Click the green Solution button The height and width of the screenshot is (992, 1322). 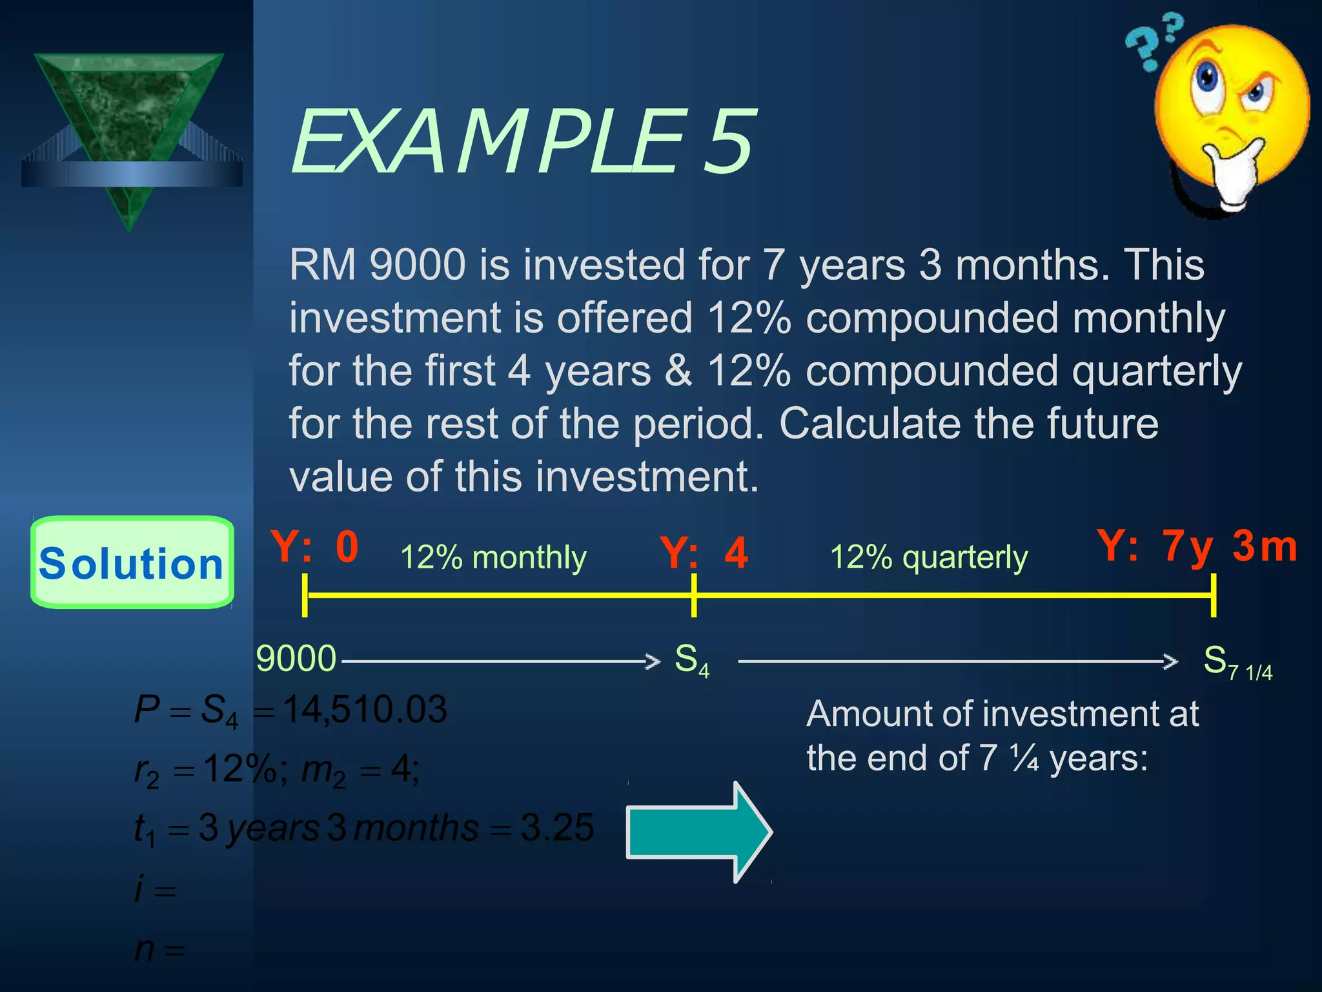tap(132, 563)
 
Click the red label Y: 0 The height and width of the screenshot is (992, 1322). tap(314, 547)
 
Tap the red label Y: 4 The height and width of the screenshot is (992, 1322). tap(704, 553)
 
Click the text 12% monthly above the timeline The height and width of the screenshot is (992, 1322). tap(493, 557)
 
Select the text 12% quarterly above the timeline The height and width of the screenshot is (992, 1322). tap(928, 557)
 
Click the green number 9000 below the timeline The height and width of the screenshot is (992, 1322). tap(296, 659)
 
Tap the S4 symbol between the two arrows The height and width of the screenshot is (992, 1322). tap(691, 661)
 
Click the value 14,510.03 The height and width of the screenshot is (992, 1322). tap(365, 710)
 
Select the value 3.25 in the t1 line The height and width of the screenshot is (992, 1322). tap(557, 827)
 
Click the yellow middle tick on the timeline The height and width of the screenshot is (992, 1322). tap(694, 595)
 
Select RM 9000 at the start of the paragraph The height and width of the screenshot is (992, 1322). tap(377, 265)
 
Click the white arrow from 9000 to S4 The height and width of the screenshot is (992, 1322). tap(500, 661)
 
